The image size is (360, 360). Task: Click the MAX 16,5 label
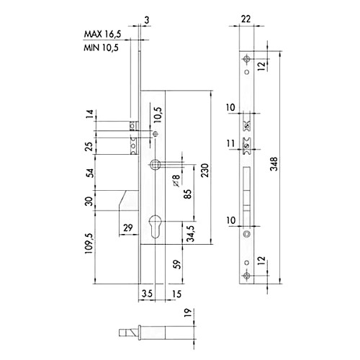(x=102, y=35)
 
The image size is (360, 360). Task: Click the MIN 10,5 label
(x=101, y=48)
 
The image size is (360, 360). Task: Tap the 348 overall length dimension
(x=274, y=164)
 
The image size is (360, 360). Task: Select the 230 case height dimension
(x=204, y=171)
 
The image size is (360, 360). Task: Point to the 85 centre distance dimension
(x=188, y=194)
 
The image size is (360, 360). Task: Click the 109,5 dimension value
(x=89, y=243)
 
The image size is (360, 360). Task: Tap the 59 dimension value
(x=176, y=264)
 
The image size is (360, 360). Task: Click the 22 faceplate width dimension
(x=246, y=19)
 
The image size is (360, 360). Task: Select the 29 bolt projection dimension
(x=127, y=228)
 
